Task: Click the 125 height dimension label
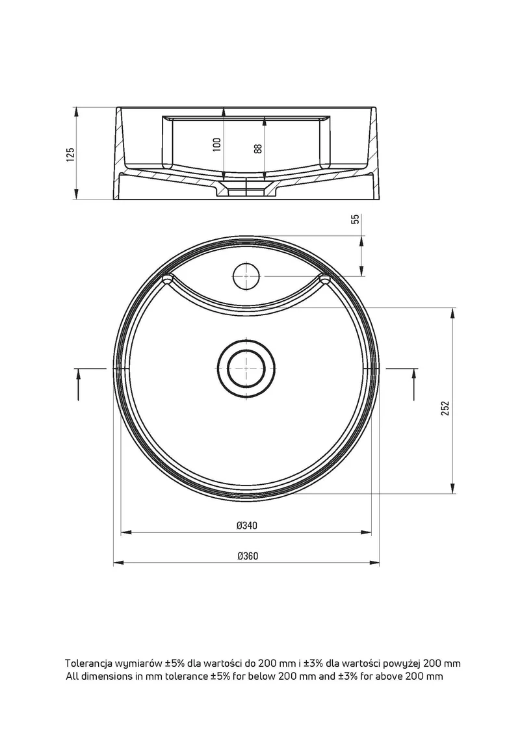point(70,154)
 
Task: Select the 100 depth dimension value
point(216,144)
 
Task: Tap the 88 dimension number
point(257,149)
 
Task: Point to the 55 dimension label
point(356,219)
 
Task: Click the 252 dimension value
point(445,408)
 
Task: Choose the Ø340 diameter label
point(246,526)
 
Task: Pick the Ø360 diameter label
point(247,556)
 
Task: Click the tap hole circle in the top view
point(246,276)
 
